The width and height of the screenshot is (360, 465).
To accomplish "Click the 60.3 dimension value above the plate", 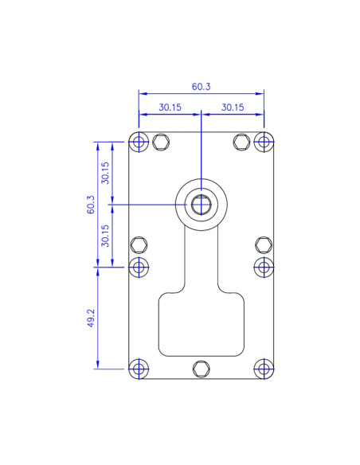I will tap(201, 87).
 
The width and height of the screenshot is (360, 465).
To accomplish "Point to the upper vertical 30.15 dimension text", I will tap(105, 173).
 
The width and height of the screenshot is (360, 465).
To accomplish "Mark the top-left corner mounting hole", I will tap(139, 143).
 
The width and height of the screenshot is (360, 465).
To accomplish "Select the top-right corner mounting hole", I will tap(264, 143).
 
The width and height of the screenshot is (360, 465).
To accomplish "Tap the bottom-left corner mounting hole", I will tap(139, 368).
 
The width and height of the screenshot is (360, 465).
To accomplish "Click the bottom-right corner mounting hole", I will tap(264, 368).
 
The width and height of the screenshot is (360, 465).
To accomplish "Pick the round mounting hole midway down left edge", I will tap(139, 266).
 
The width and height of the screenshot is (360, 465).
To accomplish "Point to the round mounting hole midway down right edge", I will tap(264, 266).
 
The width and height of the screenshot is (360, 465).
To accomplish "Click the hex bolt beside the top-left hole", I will tap(161, 143).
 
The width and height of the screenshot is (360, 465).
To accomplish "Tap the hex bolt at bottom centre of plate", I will tap(201, 368).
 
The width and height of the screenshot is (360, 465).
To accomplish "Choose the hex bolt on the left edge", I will tap(139, 244).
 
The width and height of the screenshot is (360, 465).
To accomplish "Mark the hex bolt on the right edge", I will tap(264, 244).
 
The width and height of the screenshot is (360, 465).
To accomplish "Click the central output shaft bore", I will tap(201, 204).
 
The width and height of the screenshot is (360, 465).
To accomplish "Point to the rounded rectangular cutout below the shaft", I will tap(202, 324).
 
